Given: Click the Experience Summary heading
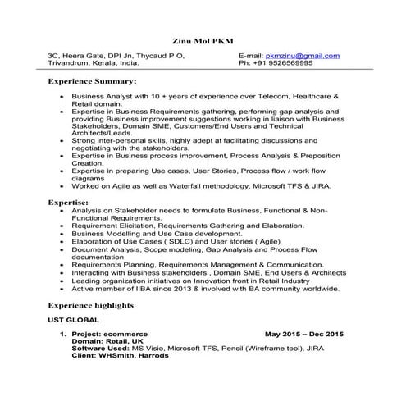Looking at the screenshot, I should [91, 82].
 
